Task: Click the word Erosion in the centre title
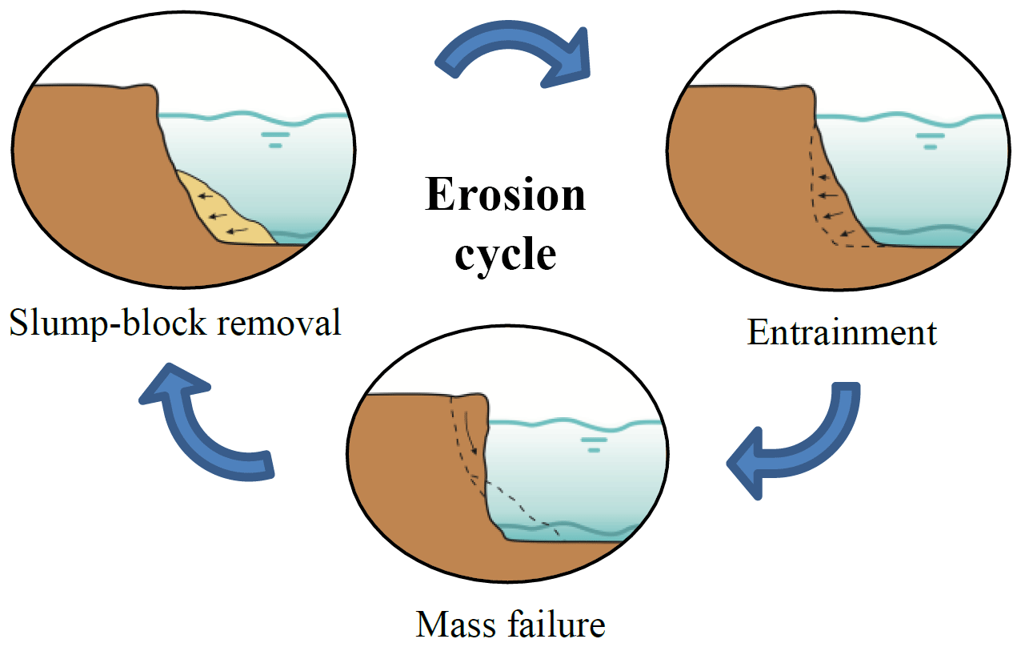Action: coord(506,196)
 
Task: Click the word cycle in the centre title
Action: coord(506,254)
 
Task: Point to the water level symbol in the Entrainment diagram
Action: coord(930,141)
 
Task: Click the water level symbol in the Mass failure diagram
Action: coord(593,444)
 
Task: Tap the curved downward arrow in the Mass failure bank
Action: coord(472,436)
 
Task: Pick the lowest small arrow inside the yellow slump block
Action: coord(235,231)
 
